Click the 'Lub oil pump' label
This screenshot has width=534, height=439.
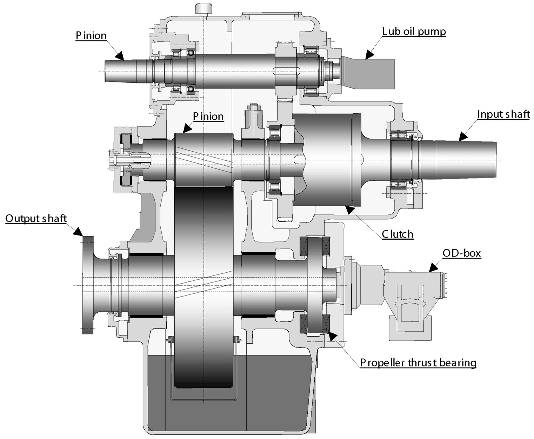pyautogui.click(x=414, y=32)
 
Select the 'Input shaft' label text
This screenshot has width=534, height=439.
pyautogui.click(x=503, y=114)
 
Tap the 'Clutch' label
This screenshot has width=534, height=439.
pyautogui.click(x=397, y=234)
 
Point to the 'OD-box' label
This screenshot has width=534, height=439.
pyautogui.click(x=461, y=253)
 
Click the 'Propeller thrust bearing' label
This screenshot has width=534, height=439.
pyautogui.click(x=418, y=362)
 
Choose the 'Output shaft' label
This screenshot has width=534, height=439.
pyautogui.click(x=36, y=219)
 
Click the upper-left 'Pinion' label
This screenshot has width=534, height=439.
pyautogui.click(x=91, y=35)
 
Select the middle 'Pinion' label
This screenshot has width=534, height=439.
pyautogui.click(x=208, y=116)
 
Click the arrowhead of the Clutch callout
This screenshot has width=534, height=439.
pyautogui.click(x=349, y=209)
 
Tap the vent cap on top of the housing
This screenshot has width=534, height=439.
pyautogui.click(x=203, y=8)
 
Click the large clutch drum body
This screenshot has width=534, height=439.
pyautogui.click(x=326, y=160)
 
